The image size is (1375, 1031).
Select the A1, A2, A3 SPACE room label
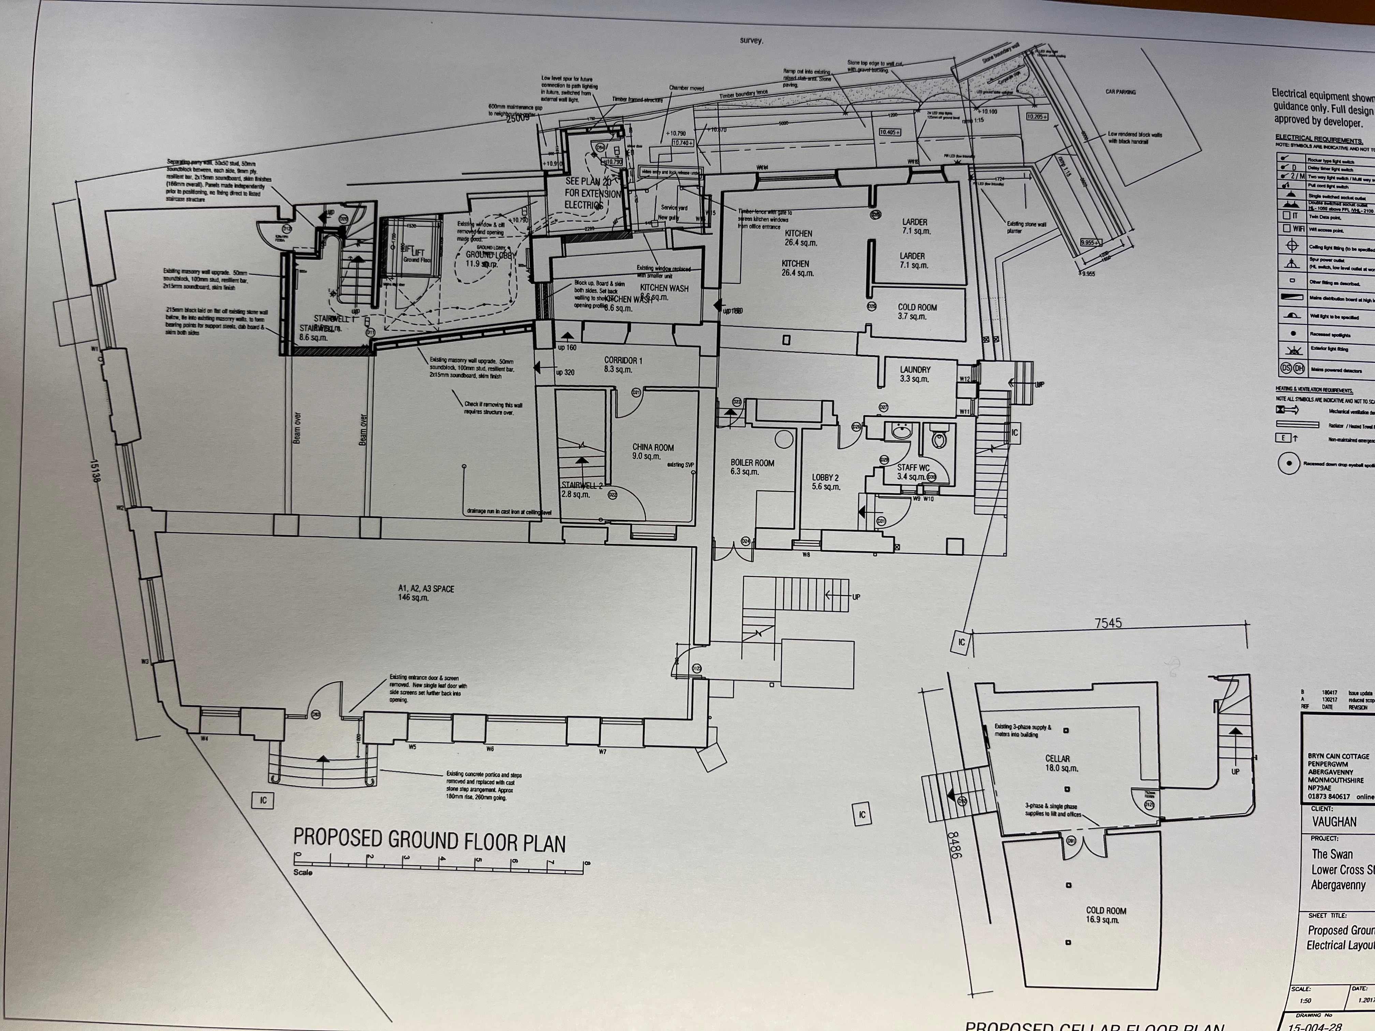click(x=426, y=592)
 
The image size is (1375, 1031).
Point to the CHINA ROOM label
click(x=653, y=451)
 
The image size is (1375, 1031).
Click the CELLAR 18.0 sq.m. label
click(x=1058, y=763)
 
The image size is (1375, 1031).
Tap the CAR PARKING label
click(x=1120, y=92)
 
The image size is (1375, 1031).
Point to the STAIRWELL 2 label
click(x=582, y=489)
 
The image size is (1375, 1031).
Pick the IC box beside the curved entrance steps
click(x=263, y=800)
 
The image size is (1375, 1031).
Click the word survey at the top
click(x=751, y=40)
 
